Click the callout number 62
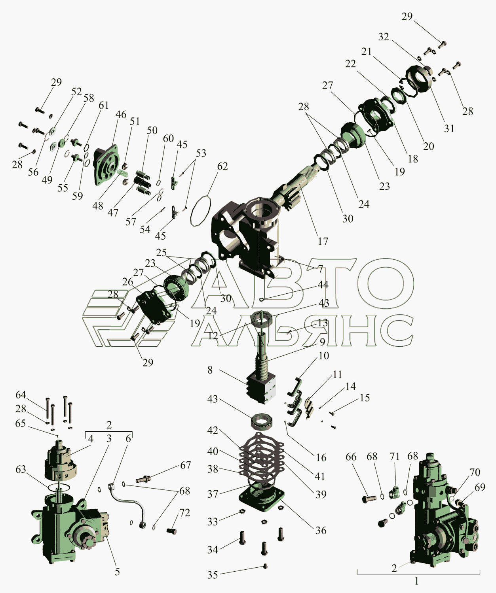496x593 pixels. click(x=222, y=166)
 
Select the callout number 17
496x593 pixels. click(x=323, y=241)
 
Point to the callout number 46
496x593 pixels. click(x=121, y=115)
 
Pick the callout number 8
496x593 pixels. click(x=210, y=370)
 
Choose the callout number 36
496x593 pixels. click(x=321, y=530)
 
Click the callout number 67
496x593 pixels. click(x=185, y=465)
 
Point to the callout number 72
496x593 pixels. click(x=184, y=513)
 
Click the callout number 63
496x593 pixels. click(x=21, y=469)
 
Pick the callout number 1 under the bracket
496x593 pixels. click(x=417, y=582)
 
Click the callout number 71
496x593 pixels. click(x=395, y=456)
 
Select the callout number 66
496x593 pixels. click(x=351, y=457)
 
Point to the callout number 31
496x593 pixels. click(x=449, y=128)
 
